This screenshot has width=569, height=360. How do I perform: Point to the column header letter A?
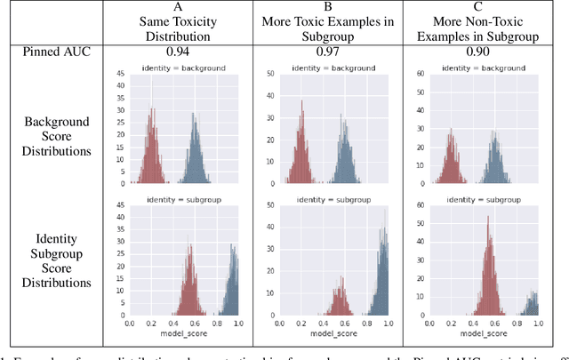pyautogui.click(x=183, y=8)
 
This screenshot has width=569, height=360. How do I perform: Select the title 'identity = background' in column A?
pyautogui.click(x=189, y=68)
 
